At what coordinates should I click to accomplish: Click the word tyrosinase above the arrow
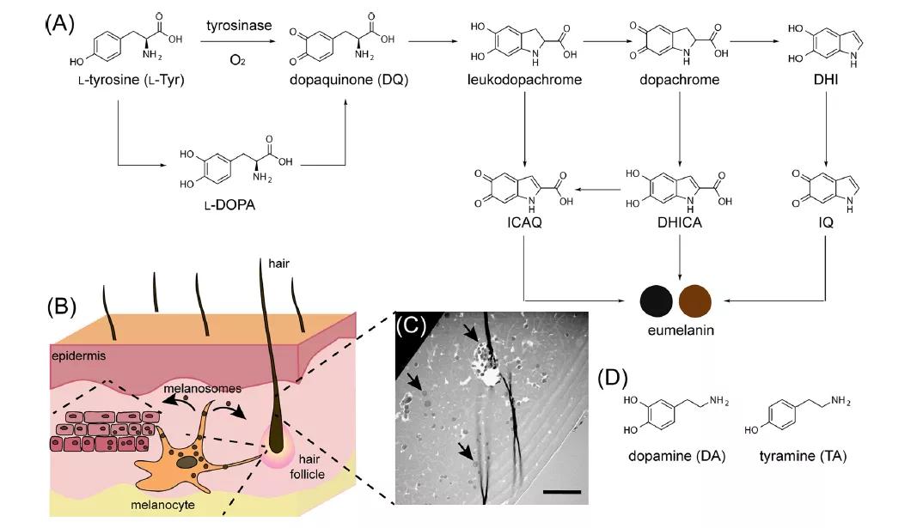click(238, 25)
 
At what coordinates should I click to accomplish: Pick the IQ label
click(825, 221)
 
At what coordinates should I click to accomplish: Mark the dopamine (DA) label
click(675, 456)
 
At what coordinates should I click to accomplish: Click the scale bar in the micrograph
click(562, 492)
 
